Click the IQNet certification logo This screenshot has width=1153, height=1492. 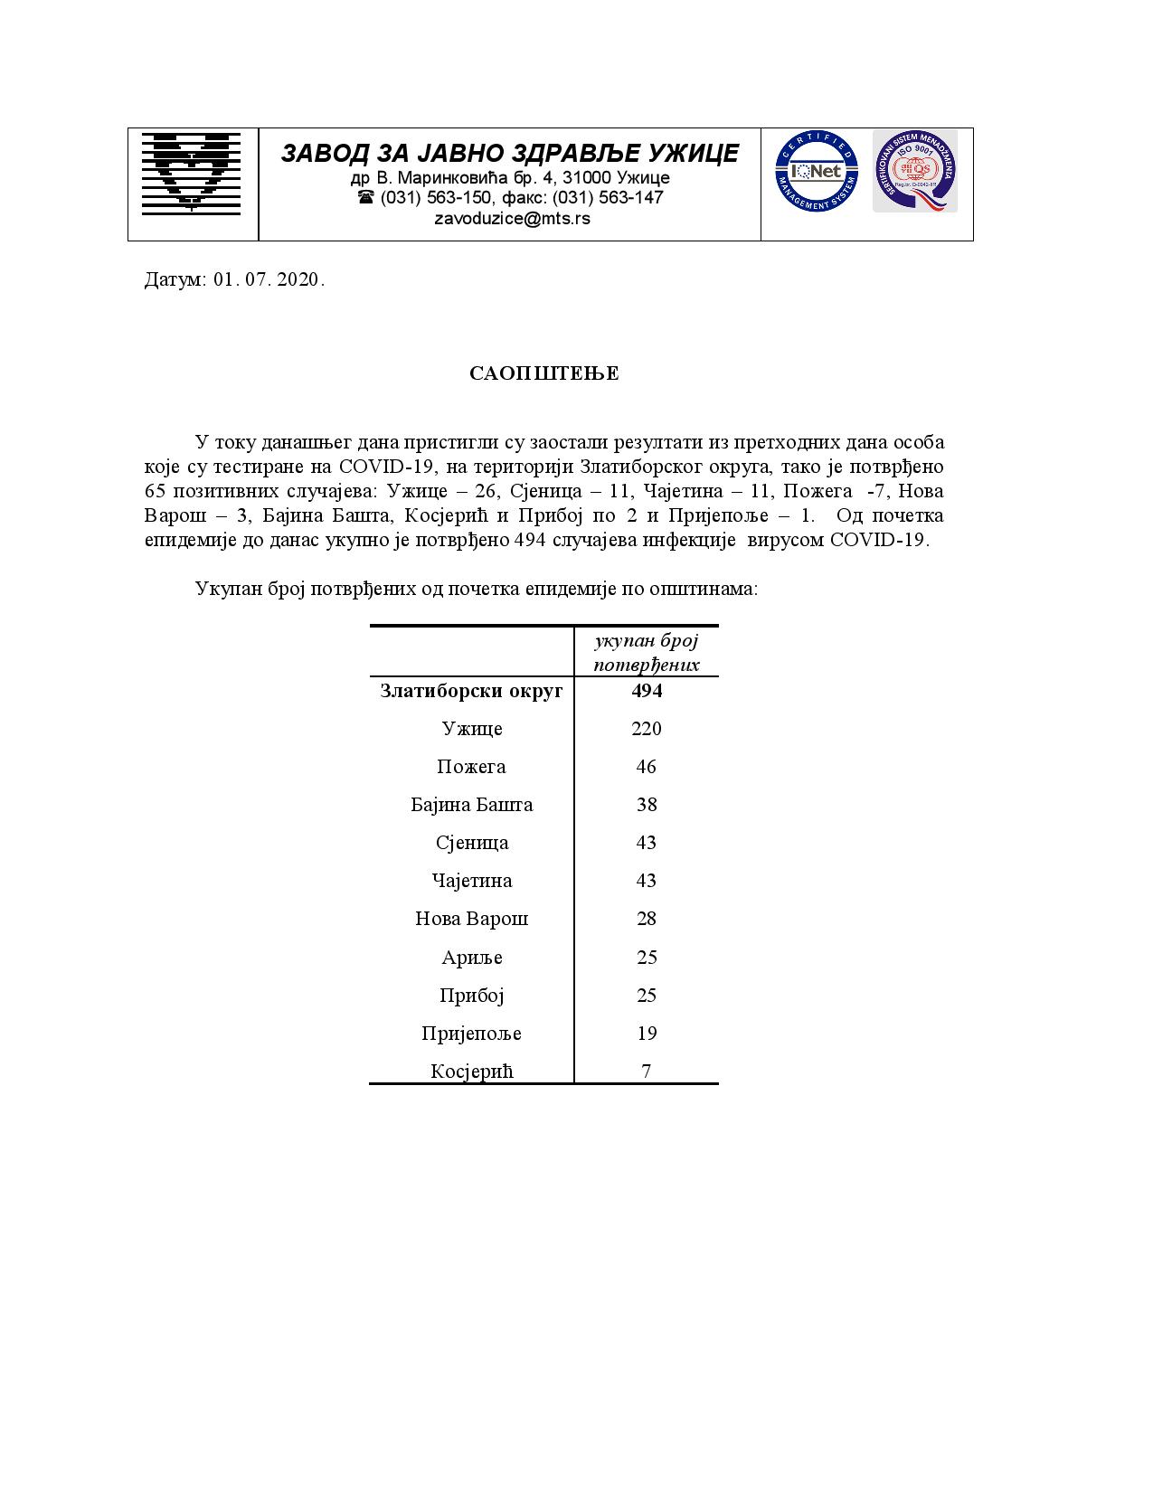[x=815, y=171]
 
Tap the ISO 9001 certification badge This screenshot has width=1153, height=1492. [x=914, y=171]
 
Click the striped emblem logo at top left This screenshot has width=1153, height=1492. [x=192, y=173]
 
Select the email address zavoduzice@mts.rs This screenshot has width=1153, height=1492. [x=512, y=219]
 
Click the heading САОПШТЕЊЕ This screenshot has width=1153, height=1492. [x=544, y=373]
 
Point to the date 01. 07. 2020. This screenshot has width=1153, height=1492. [x=269, y=279]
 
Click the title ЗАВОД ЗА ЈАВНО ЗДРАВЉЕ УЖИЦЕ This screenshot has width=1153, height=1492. [x=509, y=154]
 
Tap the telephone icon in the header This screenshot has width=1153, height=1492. [x=365, y=197]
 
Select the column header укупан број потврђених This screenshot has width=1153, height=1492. [x=647, y=653]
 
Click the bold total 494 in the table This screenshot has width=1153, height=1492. [x=647, y=691]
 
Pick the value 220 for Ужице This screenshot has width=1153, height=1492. [x=647, y=729]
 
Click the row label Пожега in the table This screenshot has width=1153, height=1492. [x=471, y=767]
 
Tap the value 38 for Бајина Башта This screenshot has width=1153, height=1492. [x=647, y=805]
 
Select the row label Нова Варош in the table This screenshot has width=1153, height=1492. [x=471, y=919]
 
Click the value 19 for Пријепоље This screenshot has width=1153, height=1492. [x=647, y=1033]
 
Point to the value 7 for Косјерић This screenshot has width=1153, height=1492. [x=647, y=1072]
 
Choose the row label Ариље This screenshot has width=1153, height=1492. [x=471, y=958]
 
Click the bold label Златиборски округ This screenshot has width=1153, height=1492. [x=471, y=691]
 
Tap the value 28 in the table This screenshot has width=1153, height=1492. [x=647, y=919]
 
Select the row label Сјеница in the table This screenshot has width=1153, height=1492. [x=471, y=843]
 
